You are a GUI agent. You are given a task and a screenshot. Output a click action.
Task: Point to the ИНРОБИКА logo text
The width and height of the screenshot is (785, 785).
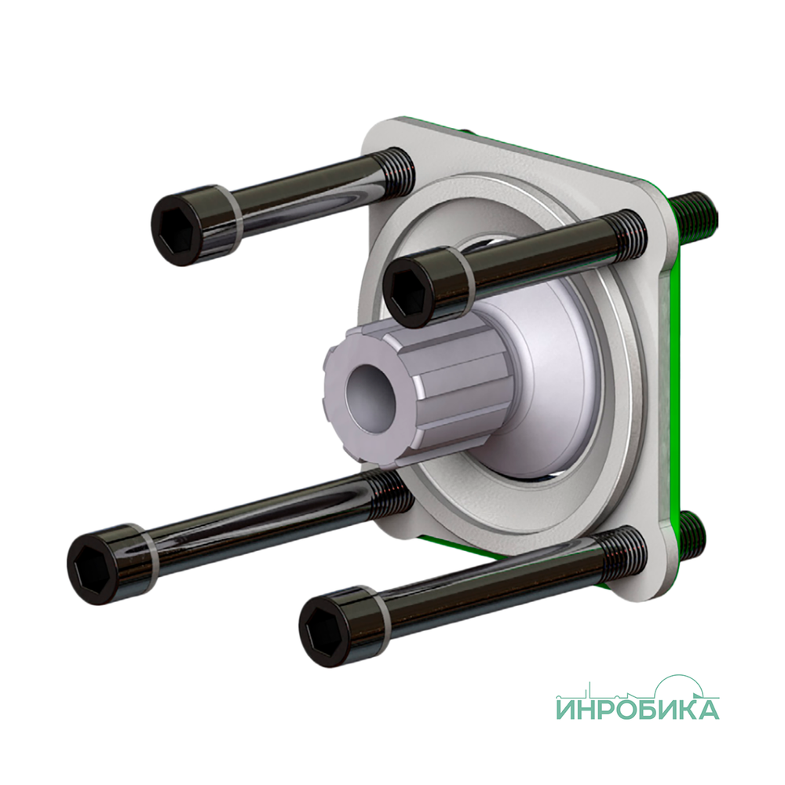(637, 710)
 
